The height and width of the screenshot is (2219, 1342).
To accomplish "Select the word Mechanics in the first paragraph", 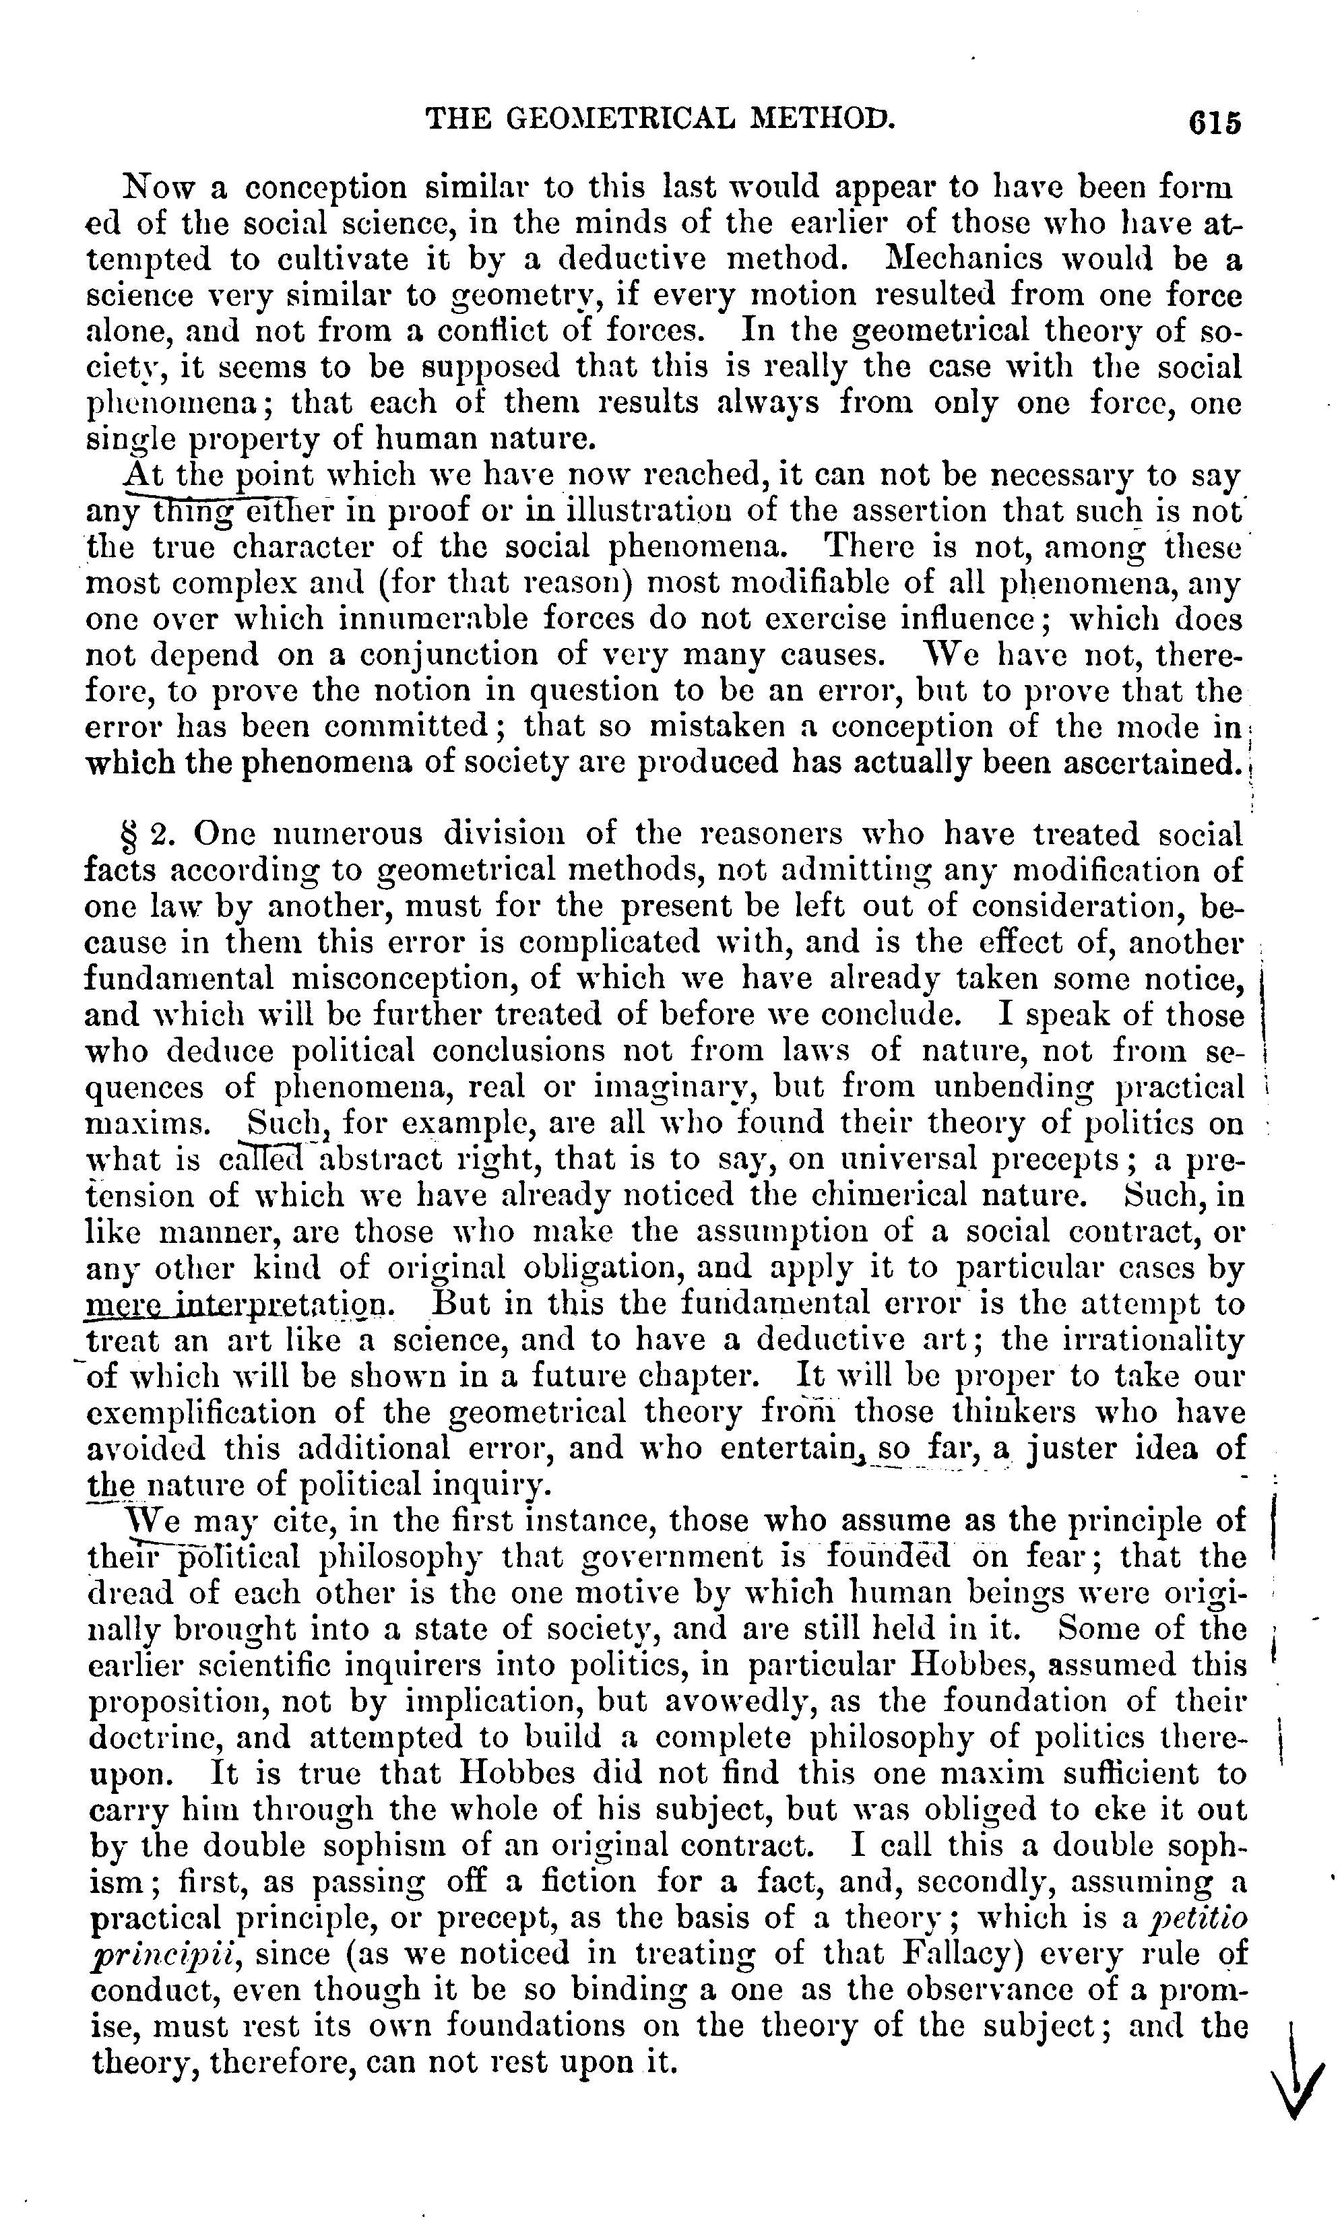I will tap(962, 260).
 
